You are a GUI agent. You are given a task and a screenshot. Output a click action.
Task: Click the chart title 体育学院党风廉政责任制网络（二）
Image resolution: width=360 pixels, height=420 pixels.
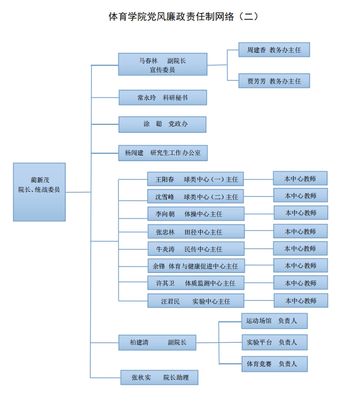point(183,16)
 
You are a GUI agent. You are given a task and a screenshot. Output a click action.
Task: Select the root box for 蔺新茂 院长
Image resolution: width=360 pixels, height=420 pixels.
point(39,191)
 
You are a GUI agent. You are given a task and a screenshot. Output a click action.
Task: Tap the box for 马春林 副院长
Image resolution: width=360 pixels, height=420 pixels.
point(162,64)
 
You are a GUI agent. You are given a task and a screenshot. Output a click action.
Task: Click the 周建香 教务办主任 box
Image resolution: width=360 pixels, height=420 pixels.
point(274,51)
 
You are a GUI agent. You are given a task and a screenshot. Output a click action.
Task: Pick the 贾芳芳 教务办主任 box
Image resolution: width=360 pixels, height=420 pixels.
point(274,81)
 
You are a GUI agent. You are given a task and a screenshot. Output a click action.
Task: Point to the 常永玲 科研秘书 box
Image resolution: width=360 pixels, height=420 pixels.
point(162,98)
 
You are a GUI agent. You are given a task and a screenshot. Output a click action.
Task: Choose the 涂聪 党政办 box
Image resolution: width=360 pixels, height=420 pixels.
point(162,124)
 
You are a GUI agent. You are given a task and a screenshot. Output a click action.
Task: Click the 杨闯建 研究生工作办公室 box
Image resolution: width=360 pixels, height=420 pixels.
point(162,153)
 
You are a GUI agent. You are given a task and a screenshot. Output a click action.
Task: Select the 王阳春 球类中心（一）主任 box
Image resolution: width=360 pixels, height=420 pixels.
point(196,179)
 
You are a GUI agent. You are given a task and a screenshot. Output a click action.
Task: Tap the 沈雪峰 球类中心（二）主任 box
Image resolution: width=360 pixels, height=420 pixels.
point(196,196)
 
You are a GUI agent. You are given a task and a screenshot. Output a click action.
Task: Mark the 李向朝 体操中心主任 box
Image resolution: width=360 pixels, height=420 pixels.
point(196,214)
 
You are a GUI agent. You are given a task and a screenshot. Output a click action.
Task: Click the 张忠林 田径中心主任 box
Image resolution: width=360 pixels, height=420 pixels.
point(196,232)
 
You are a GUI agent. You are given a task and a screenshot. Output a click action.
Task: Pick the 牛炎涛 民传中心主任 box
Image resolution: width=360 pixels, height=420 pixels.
point(196,249)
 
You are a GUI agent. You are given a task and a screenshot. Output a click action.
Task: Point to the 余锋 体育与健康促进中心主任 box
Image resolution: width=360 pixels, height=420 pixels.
point(196,266)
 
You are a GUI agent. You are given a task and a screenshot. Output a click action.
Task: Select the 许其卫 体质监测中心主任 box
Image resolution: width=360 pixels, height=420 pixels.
point(196,283)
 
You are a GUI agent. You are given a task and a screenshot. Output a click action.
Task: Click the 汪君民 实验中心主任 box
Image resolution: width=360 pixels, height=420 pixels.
point(196,301)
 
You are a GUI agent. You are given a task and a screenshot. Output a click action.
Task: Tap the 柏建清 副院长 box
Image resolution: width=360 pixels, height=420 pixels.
point(157,342)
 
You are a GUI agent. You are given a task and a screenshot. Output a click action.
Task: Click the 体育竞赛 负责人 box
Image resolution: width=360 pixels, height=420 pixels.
point(274,364)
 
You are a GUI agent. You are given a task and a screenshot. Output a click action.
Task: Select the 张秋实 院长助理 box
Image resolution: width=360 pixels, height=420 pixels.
point(159,377)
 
